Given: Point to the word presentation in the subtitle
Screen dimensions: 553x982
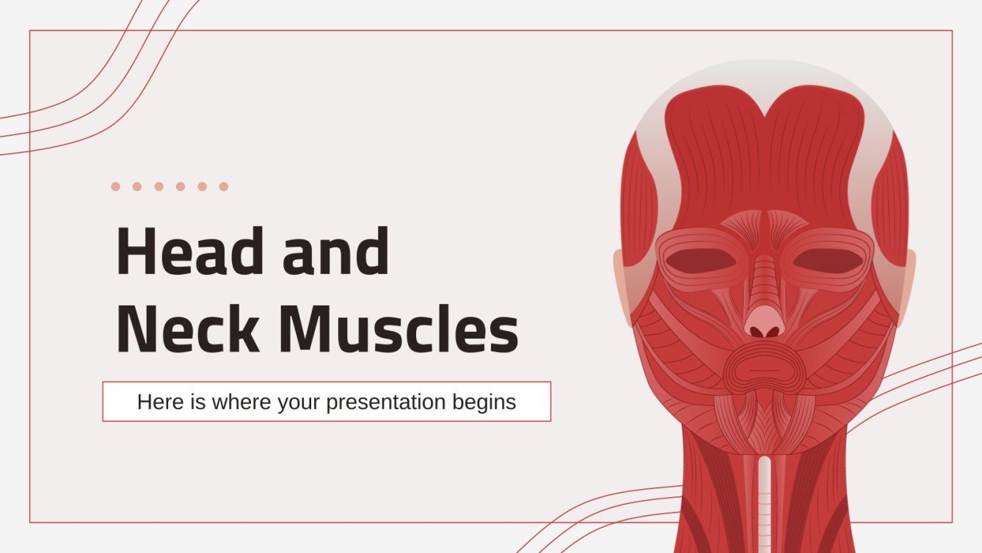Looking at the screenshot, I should point(386,402).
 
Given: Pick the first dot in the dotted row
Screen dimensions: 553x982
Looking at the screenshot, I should point(115,187).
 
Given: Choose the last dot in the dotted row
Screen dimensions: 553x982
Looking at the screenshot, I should point(223,187).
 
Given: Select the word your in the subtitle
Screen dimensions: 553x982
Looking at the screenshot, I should point(299,402).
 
